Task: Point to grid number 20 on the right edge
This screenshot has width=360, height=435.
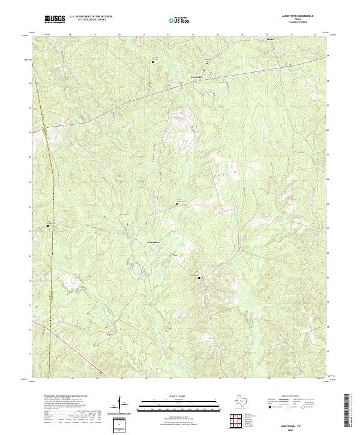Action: (327, 278)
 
